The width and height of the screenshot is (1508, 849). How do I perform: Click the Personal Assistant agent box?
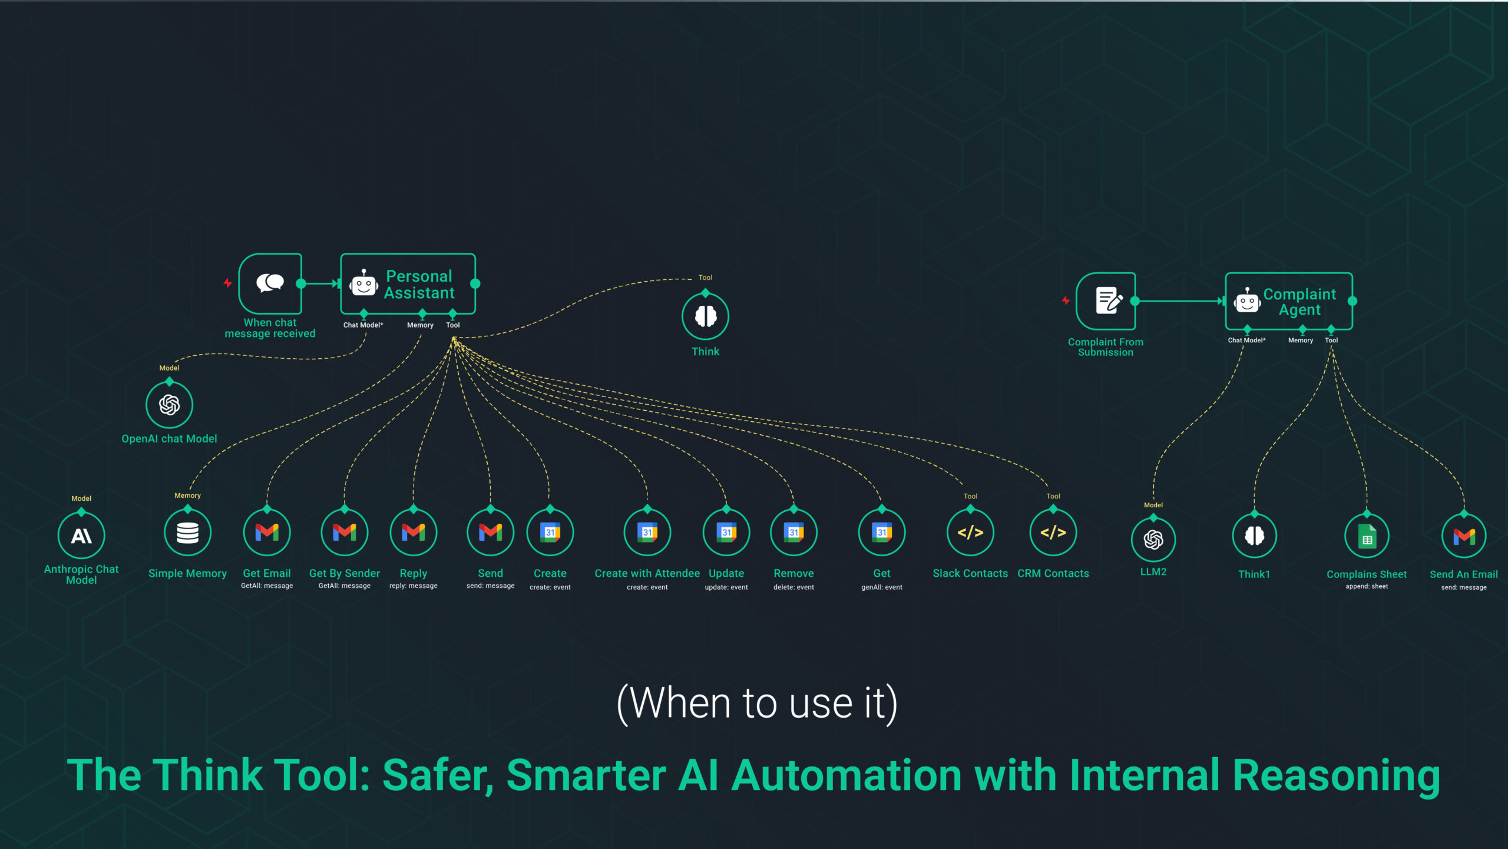(408, 284)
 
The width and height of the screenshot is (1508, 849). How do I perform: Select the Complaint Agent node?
(1289, 301)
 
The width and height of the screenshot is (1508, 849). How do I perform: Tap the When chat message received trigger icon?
(270, 283)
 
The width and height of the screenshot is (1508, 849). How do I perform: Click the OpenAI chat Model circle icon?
(169, 405)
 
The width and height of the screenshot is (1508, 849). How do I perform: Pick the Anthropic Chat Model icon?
(81, 536)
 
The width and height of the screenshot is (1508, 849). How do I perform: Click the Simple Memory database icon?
(187, 533)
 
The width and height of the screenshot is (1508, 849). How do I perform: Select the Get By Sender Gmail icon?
(345, 533)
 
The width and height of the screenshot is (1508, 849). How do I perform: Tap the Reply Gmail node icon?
(414, 533)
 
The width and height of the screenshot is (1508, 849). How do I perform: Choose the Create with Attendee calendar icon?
(647, 533)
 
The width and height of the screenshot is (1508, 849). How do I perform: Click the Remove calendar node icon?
(793, 533)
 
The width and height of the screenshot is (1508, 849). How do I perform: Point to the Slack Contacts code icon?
(970, 533)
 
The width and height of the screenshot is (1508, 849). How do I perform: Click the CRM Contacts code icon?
(1053, 533)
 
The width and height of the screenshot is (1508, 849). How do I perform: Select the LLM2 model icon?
(1153, 539)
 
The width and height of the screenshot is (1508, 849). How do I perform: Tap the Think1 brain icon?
(1254, 536)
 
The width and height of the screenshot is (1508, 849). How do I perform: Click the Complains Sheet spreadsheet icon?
(1367, 537)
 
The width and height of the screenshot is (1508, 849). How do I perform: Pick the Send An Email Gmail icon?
(1464, 537)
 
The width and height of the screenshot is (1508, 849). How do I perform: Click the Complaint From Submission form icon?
(1106, 301)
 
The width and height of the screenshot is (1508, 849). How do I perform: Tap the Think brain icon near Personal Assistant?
(705, 316)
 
